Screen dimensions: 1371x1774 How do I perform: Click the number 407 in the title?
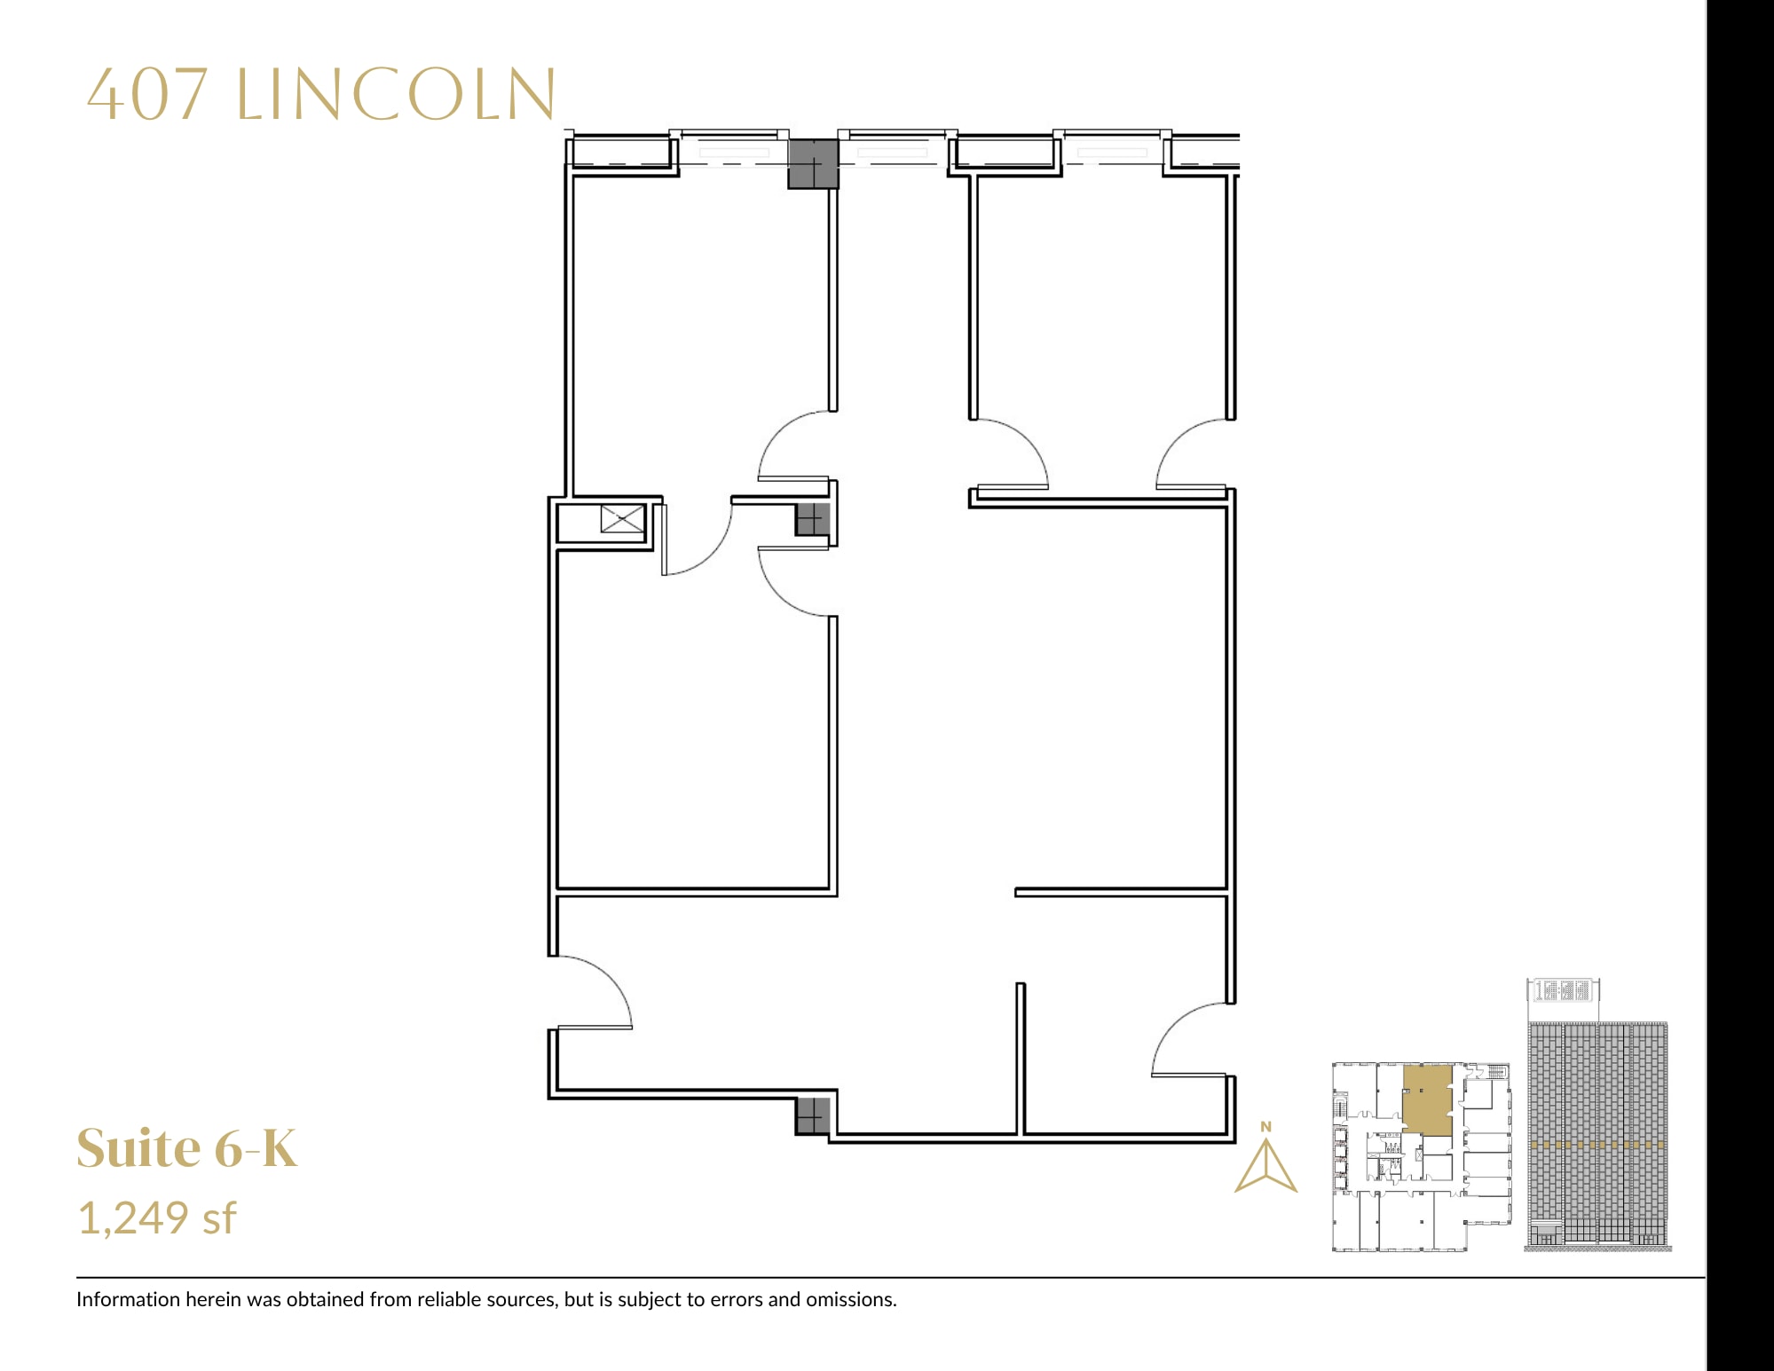click(147, 95)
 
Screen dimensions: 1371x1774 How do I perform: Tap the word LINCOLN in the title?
click(396, 95)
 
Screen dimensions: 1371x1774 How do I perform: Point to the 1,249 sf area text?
click(157, 1217)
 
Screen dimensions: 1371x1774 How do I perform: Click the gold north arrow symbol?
click(1266, 1166)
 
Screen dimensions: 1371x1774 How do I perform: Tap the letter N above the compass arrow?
click(1266, 1127)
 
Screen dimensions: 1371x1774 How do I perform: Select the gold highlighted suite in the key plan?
click(1427, 1100)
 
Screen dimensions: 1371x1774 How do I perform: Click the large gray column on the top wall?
click(813, 163)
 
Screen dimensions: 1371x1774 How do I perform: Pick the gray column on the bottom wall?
click(812, 1116)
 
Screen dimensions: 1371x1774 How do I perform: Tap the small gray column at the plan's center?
click(811, 519)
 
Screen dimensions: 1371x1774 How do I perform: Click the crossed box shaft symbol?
click(622, 519)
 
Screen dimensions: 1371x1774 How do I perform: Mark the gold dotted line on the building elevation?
click(1597, 1145)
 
